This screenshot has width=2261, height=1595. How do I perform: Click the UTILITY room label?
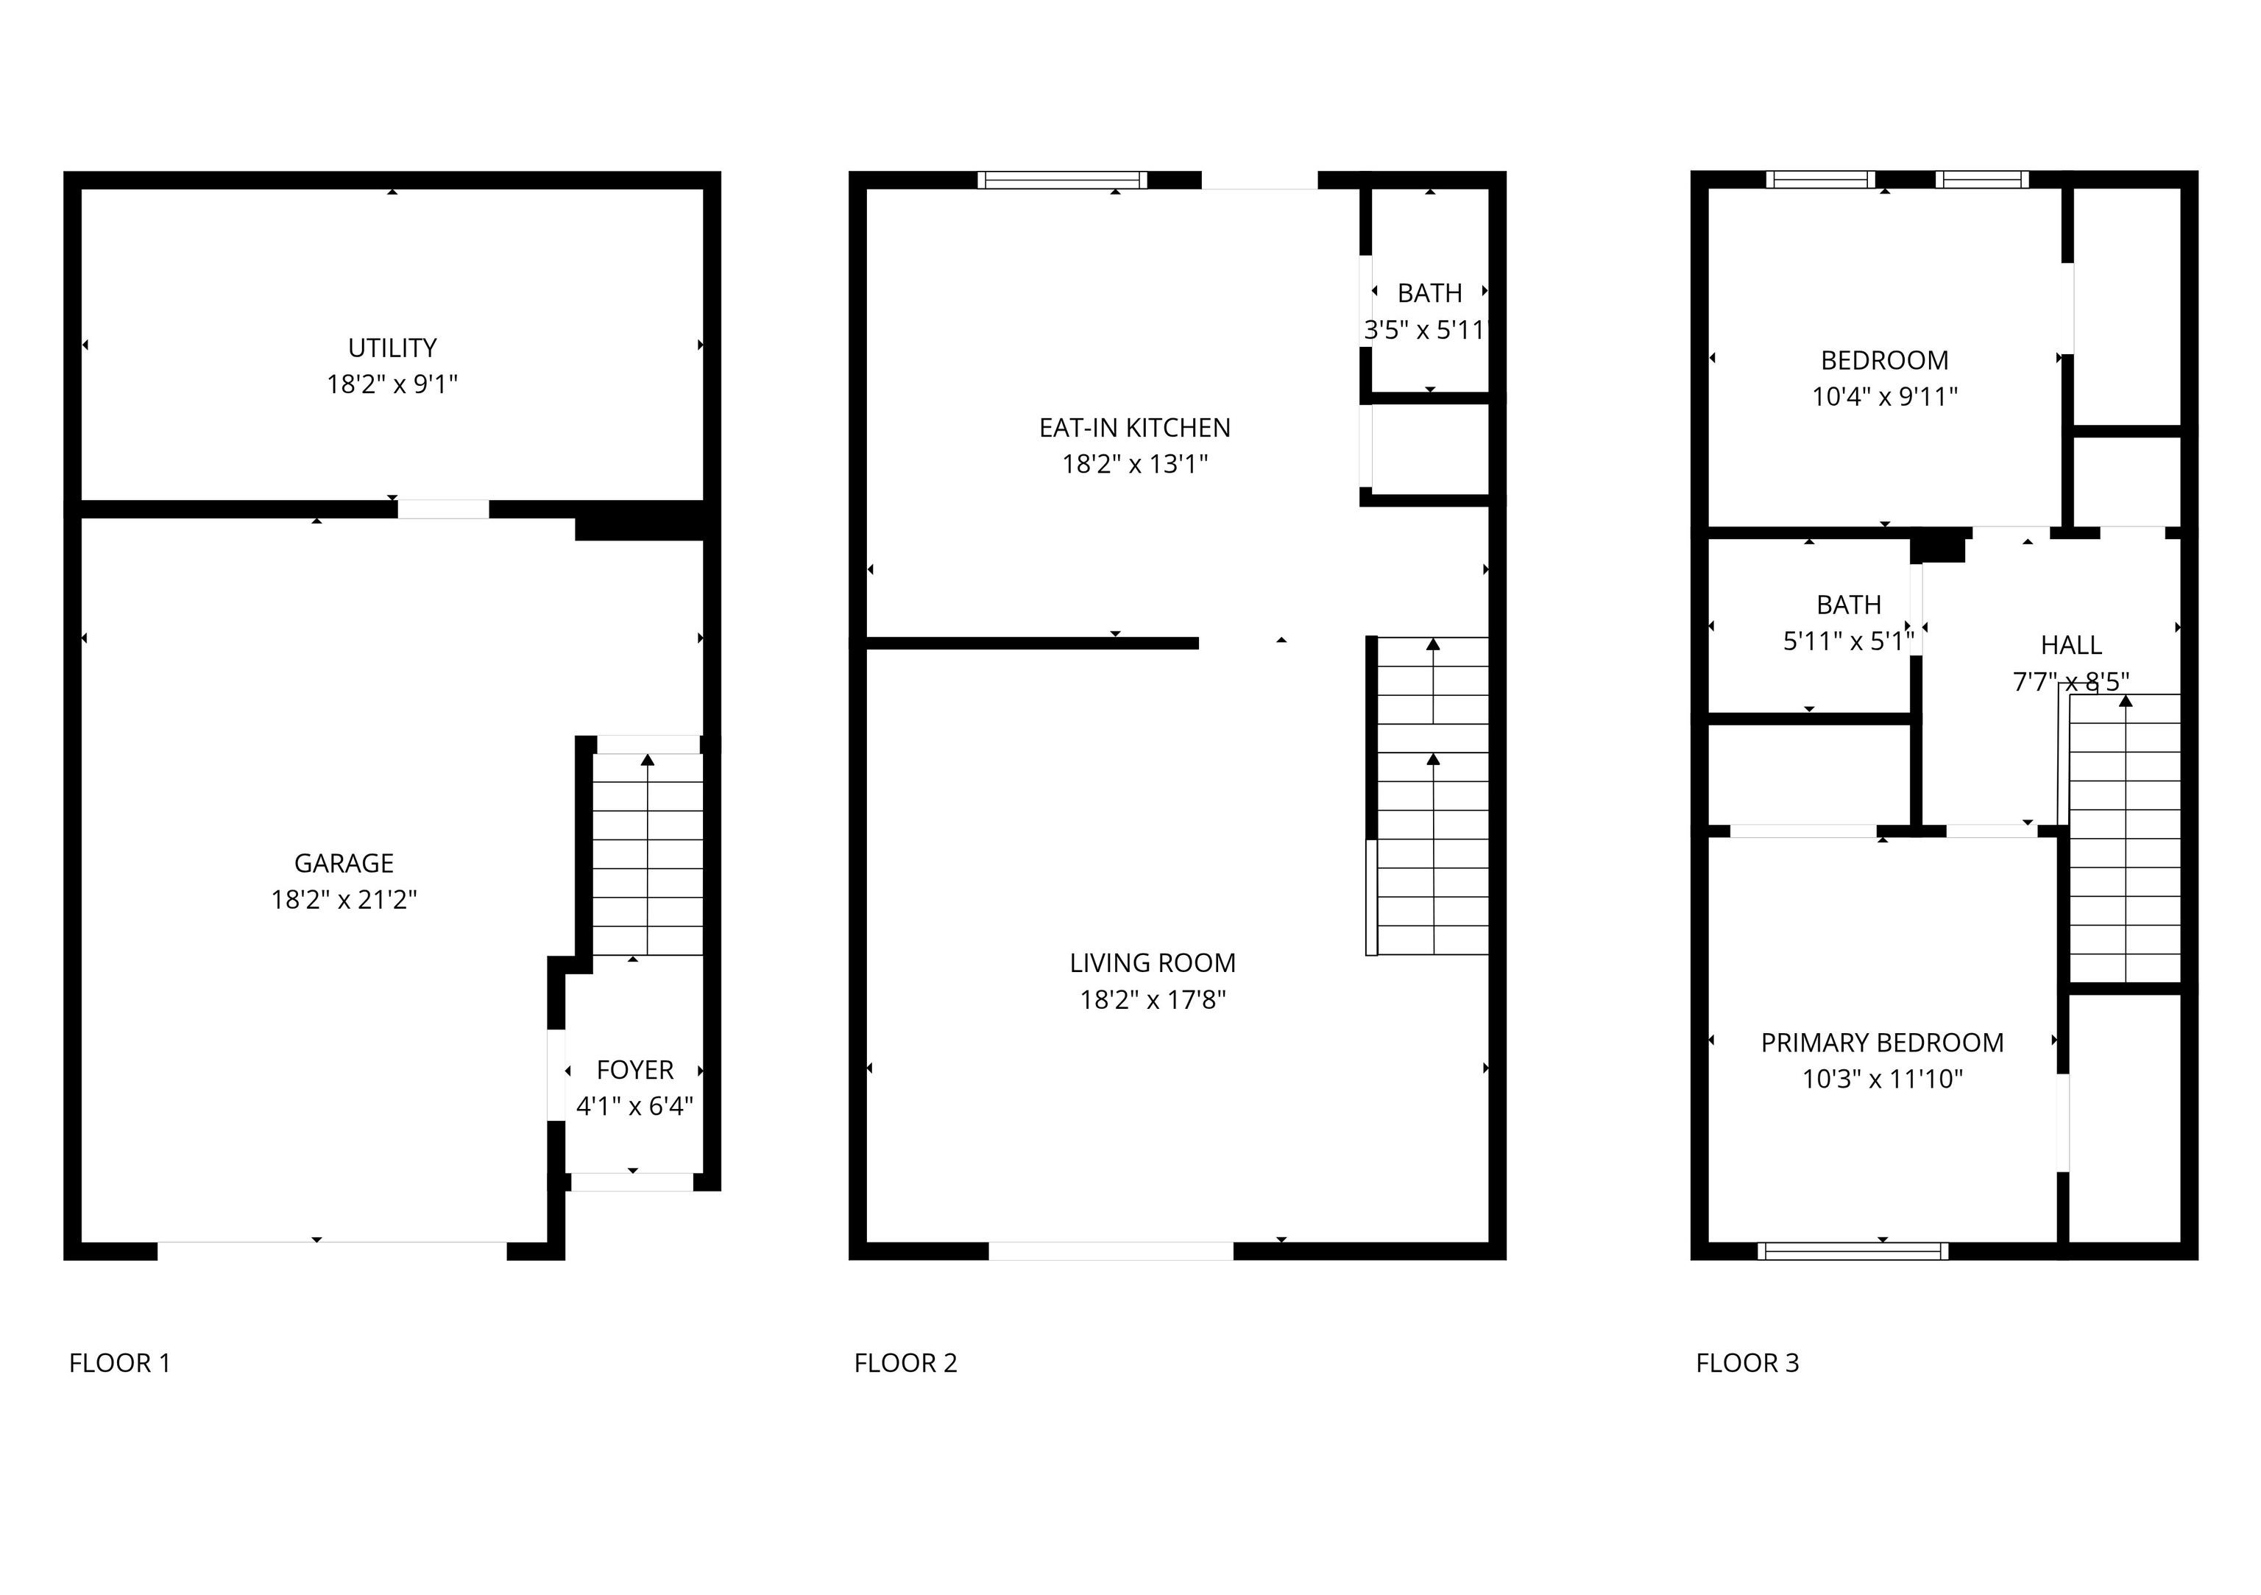(x=392, y=348)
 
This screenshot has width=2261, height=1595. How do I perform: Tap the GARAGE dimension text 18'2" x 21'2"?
(x=344, y=899)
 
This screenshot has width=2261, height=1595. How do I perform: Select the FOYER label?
(x=635, y=1070)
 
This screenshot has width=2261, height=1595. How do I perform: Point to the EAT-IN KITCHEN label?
(x=1134, y=428)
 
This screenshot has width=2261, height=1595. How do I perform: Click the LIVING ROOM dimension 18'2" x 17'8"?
(x=1152, y=1000)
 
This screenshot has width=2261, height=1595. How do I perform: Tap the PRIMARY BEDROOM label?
(x=1882, y=1042)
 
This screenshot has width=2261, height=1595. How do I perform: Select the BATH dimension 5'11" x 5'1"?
(x=1848, y=641)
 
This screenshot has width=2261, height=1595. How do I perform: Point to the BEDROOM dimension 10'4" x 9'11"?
(x=1884, y=397)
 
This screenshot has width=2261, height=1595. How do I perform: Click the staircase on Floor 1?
(x=647, y=854)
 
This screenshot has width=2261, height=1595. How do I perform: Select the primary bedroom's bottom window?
(x=1853, y=1252)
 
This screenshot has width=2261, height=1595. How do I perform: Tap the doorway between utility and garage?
(x=443, y=510)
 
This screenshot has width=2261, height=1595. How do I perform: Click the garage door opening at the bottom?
(x=332, y=1251)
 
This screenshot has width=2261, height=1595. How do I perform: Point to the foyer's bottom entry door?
(x=632, y=1182)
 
